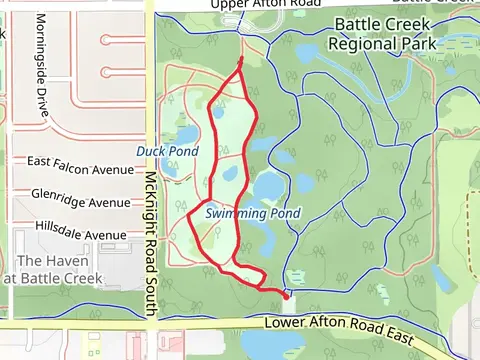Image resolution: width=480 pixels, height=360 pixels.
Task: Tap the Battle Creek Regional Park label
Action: click(385, 34)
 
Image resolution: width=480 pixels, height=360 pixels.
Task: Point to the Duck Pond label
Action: click(165, 151)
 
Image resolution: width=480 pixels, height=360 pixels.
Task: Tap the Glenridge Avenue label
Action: click(81, 202)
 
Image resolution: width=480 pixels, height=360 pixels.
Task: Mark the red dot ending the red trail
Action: click(286, 295)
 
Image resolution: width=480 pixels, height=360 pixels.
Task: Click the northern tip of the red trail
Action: click(242, 61)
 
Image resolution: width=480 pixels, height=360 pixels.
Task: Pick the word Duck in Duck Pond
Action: click(151, 151)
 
